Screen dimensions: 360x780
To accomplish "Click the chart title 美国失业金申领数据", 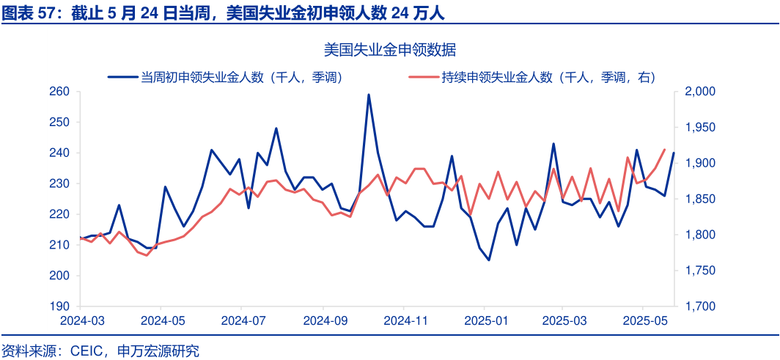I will point(390,50).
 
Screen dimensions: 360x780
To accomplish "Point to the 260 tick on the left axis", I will point(59,92).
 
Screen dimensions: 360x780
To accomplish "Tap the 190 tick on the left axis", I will point(59,306).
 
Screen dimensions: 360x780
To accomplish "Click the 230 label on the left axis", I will point(59,184).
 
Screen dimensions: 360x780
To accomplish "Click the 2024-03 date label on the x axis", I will point(82,321).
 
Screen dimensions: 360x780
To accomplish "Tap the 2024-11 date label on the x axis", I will point(405,321).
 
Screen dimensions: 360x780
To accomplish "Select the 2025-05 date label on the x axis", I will point(646,321).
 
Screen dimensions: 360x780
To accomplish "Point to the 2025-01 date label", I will point(486,321).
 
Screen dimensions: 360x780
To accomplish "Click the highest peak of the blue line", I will point(369,95).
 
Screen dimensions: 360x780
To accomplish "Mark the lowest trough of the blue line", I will point(489,260).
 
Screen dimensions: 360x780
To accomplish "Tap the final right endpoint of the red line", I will point(664,150).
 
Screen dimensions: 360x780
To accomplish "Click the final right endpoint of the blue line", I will point(674,153).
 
